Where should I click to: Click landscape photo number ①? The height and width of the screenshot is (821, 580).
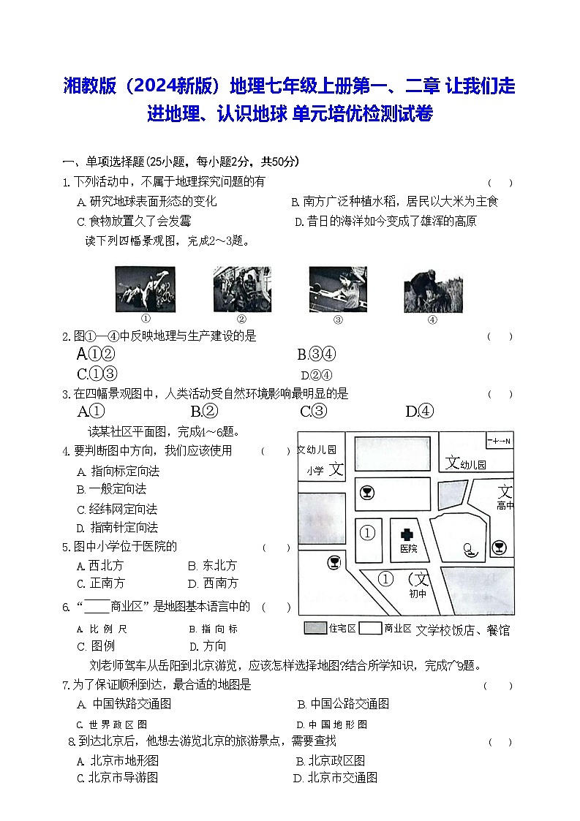pyautogui.click(x=146, y=290)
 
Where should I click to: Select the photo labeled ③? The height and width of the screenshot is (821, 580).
pyautogui.click(x=338, y=290)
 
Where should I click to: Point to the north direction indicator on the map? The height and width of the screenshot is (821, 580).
pyautogui.click(x=500, y=441)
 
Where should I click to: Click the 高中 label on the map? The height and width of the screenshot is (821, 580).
pyautogui.click(x=505, y=505)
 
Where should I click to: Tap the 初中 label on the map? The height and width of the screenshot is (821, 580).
pyautogui.click(x=418, y=594)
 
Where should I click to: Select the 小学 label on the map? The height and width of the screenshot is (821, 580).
pyautogui.click(x=315, y=471)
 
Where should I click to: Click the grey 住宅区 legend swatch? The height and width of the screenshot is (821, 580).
pyautogui.click(x=315, y=628)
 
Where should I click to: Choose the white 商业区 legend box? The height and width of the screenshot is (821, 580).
pyautogui.click(x=371, y=628)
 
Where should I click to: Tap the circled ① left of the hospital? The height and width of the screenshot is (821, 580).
pyautogui.click(x=368, y=533)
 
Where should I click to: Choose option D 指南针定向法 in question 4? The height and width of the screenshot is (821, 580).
pyautogui.click(x=118, y=527)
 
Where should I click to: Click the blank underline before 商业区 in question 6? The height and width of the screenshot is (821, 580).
pyautogui.click(x=97, y=606)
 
